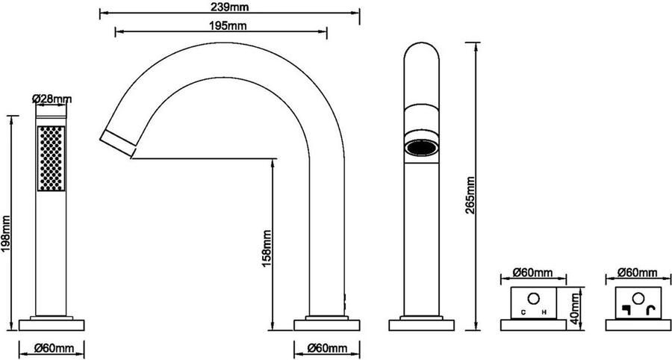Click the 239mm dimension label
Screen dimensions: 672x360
click(x=231, y=7)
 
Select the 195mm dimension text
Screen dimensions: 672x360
click(x=228, y=25)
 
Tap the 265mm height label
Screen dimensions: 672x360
click(x=470, y=196)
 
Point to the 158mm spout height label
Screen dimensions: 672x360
click(x=267, y=249)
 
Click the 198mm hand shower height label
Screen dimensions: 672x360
click(x=6, y=234)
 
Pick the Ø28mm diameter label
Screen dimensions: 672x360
click(x=52, y=99)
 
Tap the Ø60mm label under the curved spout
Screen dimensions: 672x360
click(x=327, y=347)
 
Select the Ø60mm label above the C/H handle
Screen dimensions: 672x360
click(x=532, y=272)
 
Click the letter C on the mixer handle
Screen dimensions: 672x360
click(x=523, y=312)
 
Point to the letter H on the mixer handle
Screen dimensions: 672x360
click(x=544, y=312)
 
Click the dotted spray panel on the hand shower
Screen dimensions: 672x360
click(x=51, y=158)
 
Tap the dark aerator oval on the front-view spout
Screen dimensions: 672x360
click(x=422, y=148)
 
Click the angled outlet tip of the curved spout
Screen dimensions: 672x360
click(x=118, y=143)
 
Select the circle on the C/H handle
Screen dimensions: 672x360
click(x=534, y=298)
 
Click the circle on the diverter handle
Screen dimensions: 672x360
click(x=638, y=298)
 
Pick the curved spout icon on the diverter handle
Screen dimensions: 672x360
click(x=651, y=310)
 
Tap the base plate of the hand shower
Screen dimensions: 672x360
click(x=52, y=325)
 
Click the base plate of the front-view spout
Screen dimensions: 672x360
click(x=421, y=325)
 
